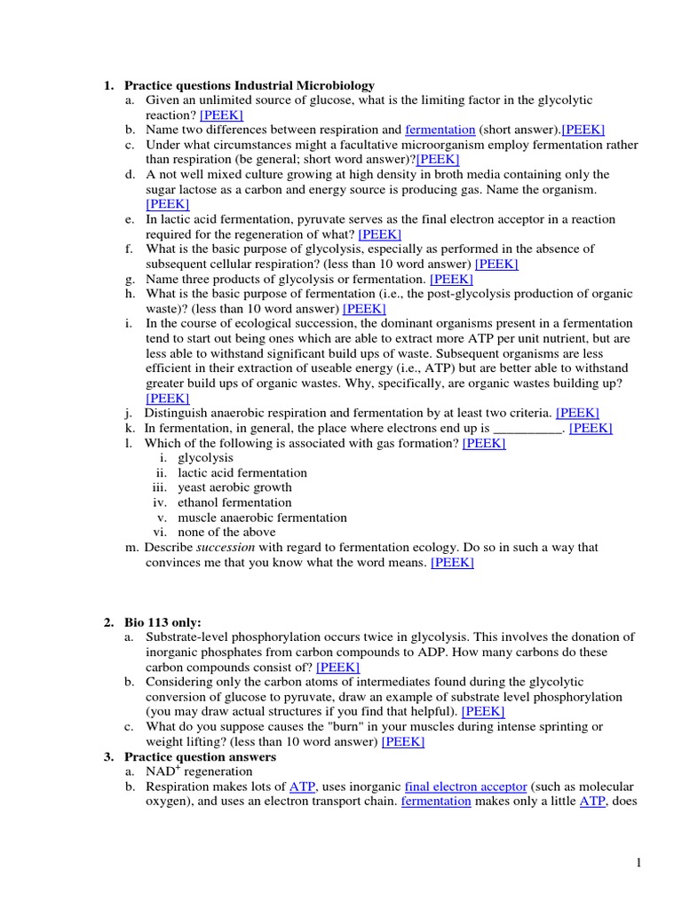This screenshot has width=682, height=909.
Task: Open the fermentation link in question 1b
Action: coord(440,130)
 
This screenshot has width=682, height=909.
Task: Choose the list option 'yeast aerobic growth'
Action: coord(234,487)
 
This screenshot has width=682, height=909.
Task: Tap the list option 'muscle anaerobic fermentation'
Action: coord(262,518)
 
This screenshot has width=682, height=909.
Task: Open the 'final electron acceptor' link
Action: coord(465,786)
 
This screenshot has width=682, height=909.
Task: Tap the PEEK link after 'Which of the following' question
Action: coord(484,443)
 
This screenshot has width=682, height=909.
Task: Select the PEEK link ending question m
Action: coord(452,563)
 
